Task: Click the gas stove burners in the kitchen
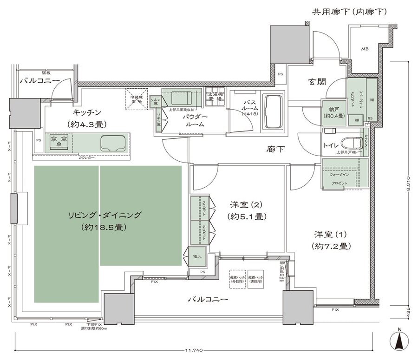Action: (59, 141)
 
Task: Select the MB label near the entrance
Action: (365, 48)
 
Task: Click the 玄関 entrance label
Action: (316, 82)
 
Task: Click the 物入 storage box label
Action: (197, 256)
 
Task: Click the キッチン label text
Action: (87, 112)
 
